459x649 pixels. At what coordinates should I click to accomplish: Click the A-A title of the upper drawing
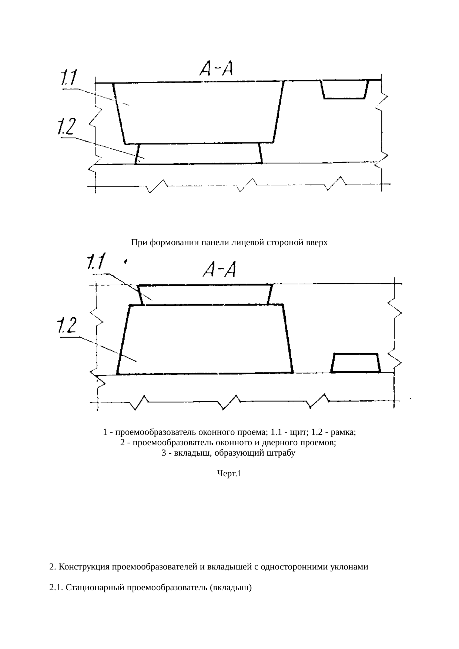pos(216,68)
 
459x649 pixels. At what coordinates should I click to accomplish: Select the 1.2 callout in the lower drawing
pos(67,326)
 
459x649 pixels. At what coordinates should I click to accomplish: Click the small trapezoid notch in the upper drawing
pos(345,89)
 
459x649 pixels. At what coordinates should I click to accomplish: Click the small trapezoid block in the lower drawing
pos(355,363)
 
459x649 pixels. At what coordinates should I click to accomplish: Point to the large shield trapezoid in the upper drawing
pos(199,113)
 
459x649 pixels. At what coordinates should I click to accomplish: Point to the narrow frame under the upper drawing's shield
pos(199,153)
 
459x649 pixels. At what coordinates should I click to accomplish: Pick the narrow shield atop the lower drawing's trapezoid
pos(205,295)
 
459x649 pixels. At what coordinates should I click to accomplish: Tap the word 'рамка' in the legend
pos(345,432)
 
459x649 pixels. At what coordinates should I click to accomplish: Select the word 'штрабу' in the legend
pos(282,453)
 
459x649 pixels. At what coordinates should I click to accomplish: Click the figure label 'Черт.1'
pos(229,474)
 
